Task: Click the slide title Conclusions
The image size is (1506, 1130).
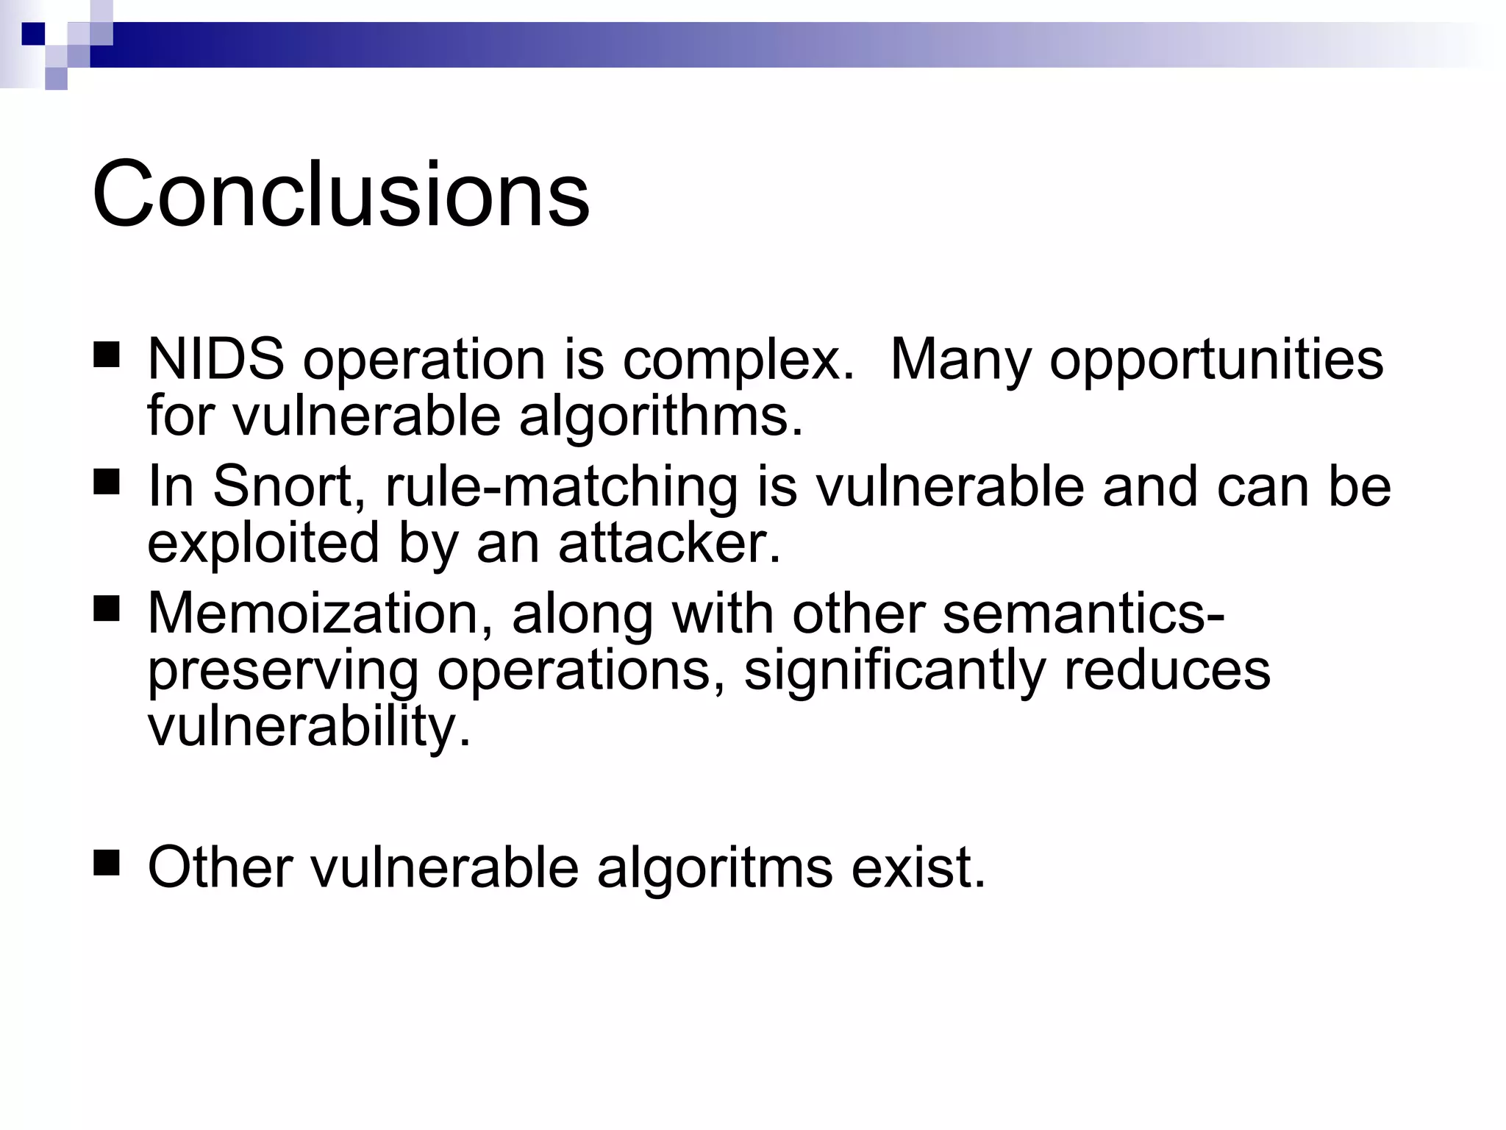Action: point(340,195)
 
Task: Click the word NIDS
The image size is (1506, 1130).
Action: point(215,360)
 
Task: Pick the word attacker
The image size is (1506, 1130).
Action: point(668,544)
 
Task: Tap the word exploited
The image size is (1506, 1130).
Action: point(263,544)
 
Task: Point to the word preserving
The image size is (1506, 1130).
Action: point(282,671)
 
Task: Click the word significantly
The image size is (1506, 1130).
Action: point(894,671)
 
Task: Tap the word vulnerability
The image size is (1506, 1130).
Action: point(308,728)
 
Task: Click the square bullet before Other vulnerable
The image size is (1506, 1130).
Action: point(107,861)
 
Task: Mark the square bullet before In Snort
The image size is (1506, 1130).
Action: point(107,483)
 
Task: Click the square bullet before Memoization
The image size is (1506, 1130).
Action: point(107,609)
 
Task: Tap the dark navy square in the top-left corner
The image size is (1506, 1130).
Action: point(33,33)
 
